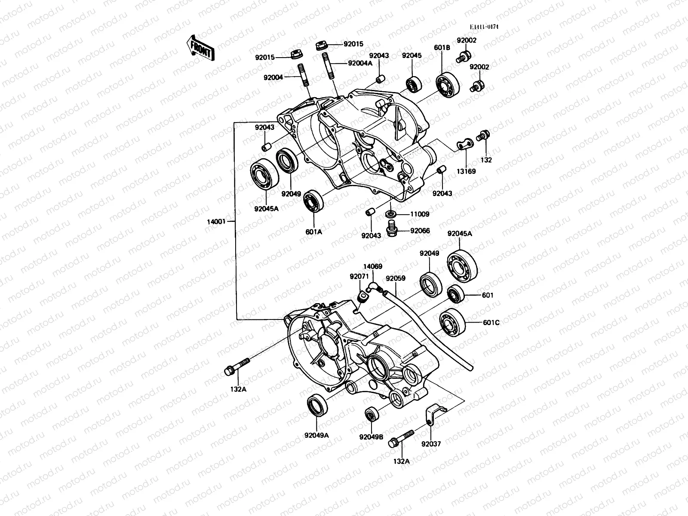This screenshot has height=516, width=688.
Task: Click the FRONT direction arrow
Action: (200, 47)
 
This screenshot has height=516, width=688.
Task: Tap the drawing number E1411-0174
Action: (484, 27)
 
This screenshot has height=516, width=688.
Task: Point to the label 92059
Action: (395, 278)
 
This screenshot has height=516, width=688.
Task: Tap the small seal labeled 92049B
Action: (371, 414)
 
